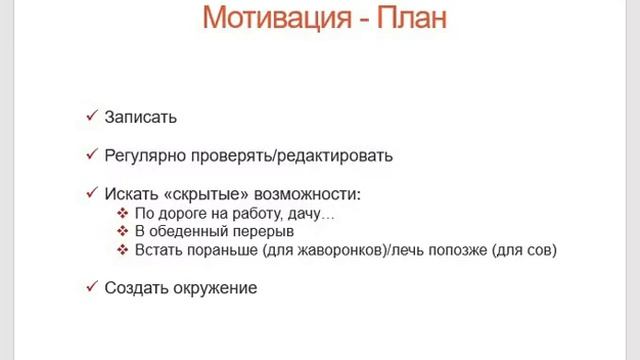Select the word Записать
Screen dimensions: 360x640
click(141, 117)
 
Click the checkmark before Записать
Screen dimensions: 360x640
click(91, 116)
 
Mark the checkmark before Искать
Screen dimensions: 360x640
click(91, 192)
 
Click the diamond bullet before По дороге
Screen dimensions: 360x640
click(123, 213)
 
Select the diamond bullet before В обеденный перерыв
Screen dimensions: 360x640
click(123, 231)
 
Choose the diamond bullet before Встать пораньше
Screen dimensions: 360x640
click(123, 250)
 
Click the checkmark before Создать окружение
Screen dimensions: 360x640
click(91, 287)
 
